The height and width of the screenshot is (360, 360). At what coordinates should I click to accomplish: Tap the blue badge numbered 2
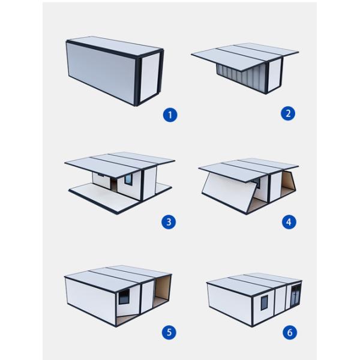288,113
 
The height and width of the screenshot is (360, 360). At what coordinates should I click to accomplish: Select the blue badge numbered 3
169,222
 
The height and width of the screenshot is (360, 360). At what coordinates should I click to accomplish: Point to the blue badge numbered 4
289,221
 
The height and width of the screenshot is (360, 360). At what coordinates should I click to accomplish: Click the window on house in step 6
264,302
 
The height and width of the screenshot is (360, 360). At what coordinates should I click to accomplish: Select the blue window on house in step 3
128,179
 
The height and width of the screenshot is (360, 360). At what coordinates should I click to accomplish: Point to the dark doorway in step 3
113,184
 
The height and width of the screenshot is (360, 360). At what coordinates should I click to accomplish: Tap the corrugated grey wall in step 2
240,78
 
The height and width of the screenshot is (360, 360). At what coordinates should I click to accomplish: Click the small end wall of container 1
149,77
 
